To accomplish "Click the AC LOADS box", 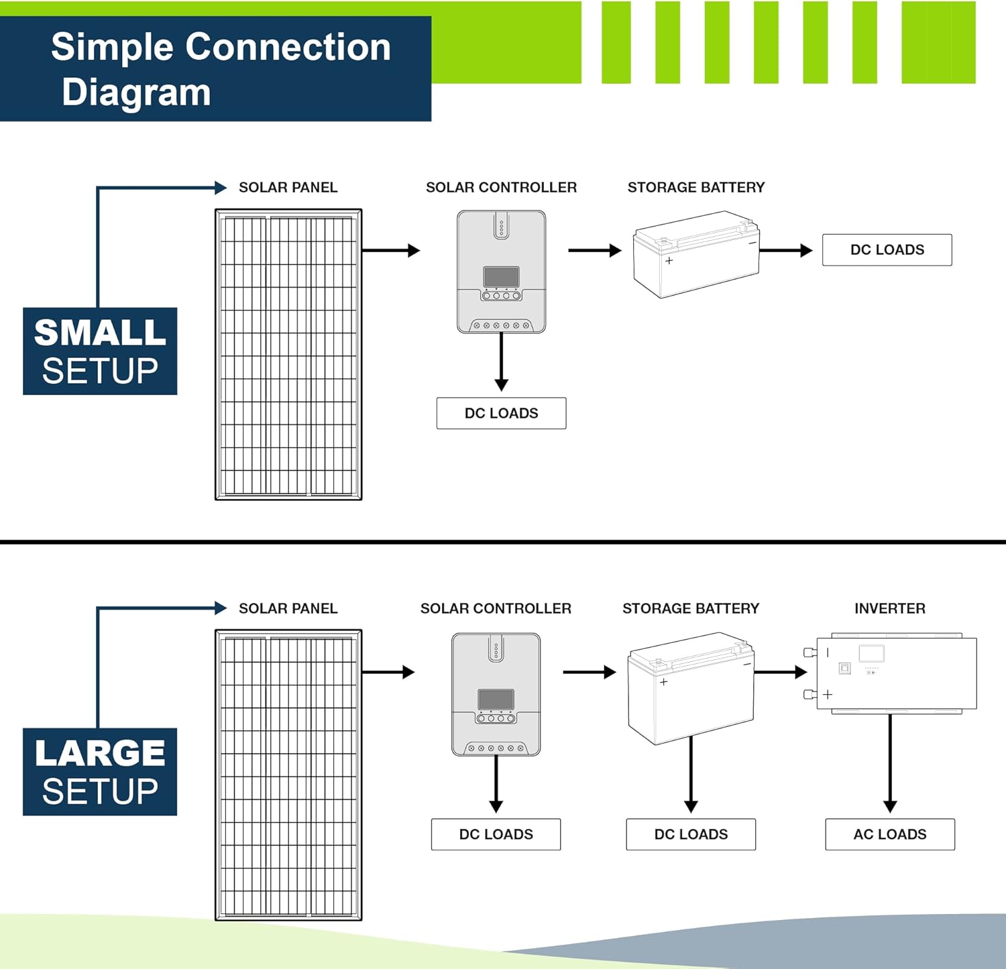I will pyautogui.click(x=889, y=834).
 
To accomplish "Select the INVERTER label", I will pyautogui.click(x=889, y=608).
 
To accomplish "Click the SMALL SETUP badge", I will pyautogui.click(x=100, y=351).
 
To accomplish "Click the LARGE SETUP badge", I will pyautogui.click(x=100, y=772).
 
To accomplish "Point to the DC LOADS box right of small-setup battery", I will pyautogui.click(x=887, y=249).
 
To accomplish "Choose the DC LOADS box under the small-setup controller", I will pyautogui.click(x=501, y=413).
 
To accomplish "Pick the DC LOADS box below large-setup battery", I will pyautogui.click(x=691, y=834).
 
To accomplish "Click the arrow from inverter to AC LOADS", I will pyautogui.click(x=890, y=764).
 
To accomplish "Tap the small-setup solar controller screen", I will pyautogui.click(x=501, y=276).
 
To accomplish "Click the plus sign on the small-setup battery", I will pyautogui.click(x=669, y=260).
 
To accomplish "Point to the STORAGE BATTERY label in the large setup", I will pyautogui.click(x=691, y=608).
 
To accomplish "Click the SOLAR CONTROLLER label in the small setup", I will pyautogui.click(x=501, y=187).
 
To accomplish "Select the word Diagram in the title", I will pyautogui.click(x=136, y=92).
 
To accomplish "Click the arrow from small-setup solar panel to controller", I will pyautogui.click(x=391, y=250).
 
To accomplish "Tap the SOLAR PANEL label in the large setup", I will pyautogui.click(x=288, y=608).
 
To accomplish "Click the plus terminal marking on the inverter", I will pyautogui.click(x=828, y=694).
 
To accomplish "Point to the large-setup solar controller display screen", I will pyautogui.click(x=496, y=699).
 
